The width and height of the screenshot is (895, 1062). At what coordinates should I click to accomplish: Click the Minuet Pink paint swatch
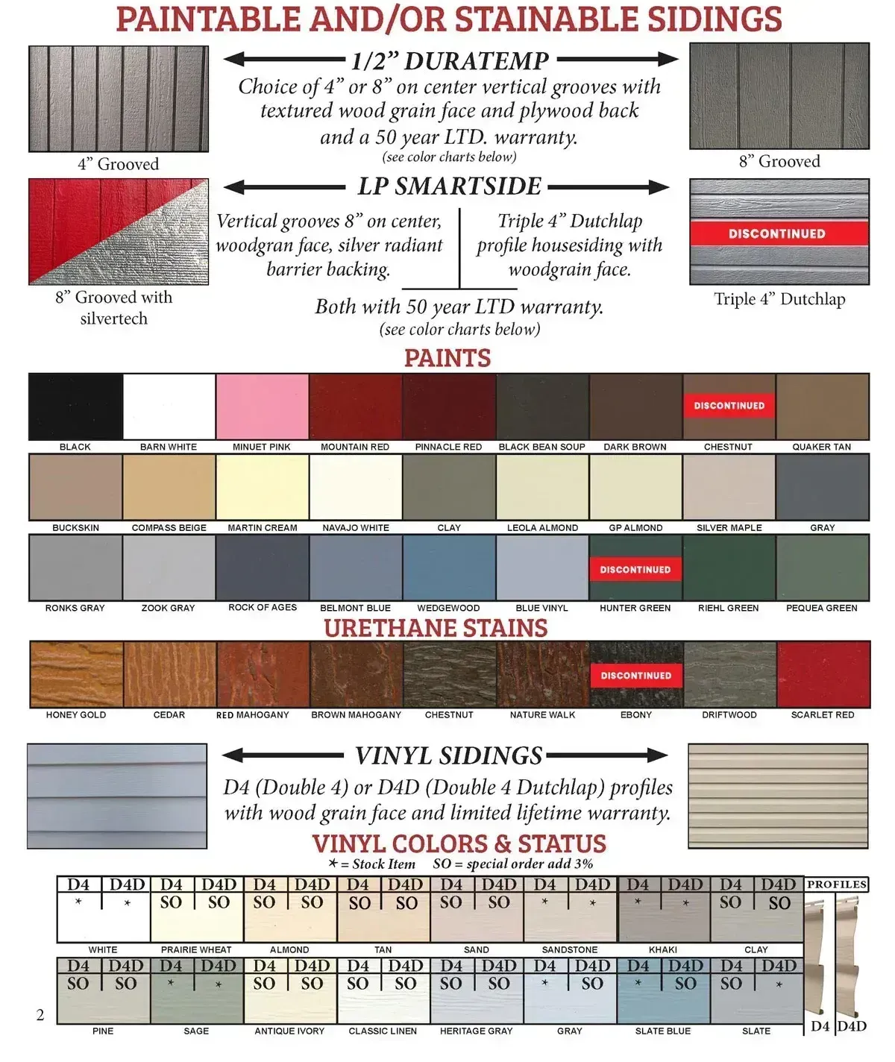click(262, 406)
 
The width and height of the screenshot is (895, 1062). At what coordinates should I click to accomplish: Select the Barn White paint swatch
click(169, 406)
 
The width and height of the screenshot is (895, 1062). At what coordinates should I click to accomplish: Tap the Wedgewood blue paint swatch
click(449, 568)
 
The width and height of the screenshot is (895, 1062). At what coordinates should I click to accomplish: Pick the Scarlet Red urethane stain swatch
click(823, 674)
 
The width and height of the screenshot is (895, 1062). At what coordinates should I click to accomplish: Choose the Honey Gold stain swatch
click(76, 674)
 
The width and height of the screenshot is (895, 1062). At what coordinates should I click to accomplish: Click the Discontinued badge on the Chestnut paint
click(729, 406)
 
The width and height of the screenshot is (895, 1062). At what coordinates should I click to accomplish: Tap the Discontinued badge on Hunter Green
click(635, 570)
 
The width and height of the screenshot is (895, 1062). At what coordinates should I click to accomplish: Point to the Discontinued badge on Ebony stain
click(636, 676)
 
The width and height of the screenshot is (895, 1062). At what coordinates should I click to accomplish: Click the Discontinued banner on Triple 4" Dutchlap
click(777, 233)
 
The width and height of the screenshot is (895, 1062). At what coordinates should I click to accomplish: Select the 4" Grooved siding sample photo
click(119, 98)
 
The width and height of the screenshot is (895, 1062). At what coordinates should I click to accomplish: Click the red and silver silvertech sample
click(119, 231)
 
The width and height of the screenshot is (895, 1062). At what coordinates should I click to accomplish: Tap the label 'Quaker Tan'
click(821, 447)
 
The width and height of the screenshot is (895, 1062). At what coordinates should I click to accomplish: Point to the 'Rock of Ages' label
click(263, 607)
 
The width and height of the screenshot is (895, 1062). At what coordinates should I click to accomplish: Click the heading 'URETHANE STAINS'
click(436, 628)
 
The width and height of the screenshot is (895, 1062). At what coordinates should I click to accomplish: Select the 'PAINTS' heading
click(447, 358)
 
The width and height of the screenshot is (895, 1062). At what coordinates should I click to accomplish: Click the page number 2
click(40, 1015)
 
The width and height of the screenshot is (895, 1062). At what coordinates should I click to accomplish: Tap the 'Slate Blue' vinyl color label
click(663, 1031)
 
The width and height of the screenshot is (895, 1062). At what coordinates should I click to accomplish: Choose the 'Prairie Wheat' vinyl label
click(196, 949)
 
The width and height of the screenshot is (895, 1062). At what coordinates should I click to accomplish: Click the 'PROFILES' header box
click(837, 885)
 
